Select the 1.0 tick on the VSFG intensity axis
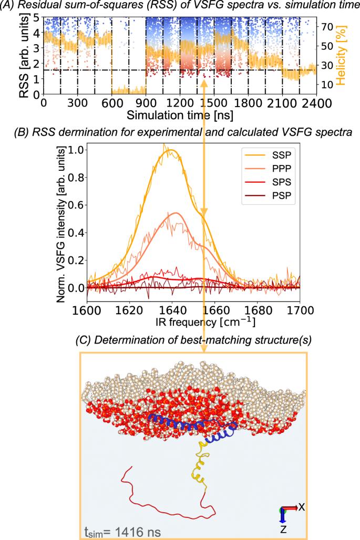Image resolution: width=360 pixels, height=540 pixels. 75,150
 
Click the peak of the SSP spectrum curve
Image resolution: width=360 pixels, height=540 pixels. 170,150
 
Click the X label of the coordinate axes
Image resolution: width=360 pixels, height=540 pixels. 302,507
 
